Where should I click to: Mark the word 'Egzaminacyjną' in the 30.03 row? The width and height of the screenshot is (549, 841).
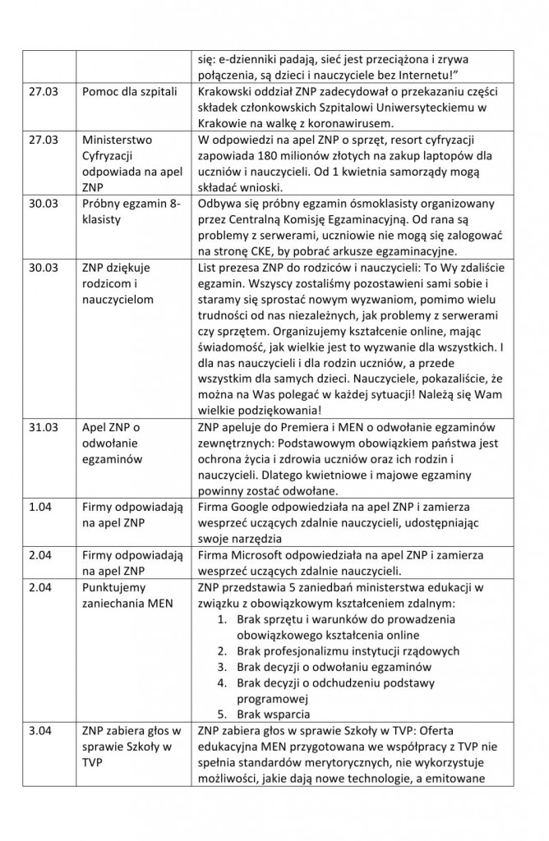366,240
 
